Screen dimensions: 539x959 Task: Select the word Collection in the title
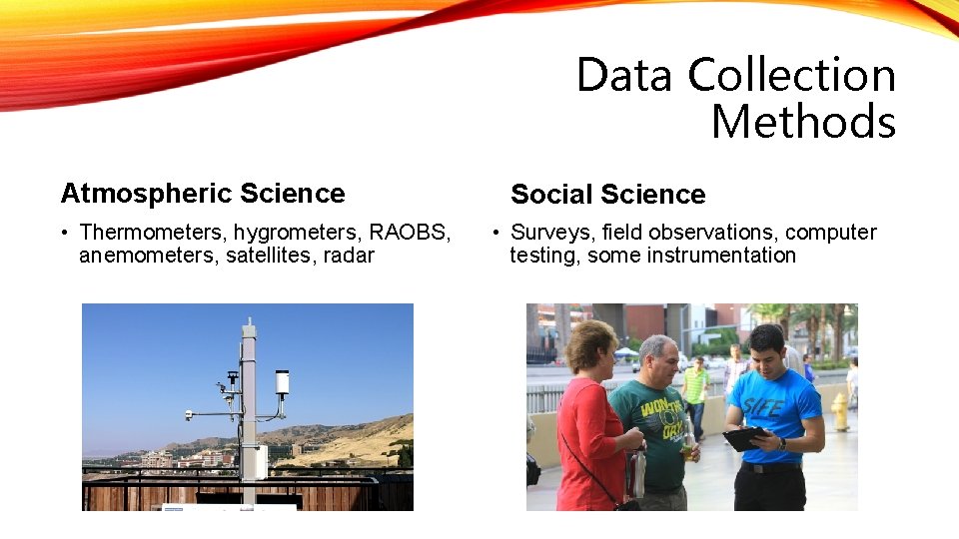[x=792, y=76]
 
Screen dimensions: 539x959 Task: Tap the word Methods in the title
[x=803, y=123]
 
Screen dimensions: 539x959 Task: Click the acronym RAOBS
[x=410, y=233]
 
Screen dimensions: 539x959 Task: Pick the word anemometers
[x=141, y=256]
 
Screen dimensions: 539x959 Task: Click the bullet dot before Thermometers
[x=63, y=234]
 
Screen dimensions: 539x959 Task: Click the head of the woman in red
[x=590, y=345]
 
